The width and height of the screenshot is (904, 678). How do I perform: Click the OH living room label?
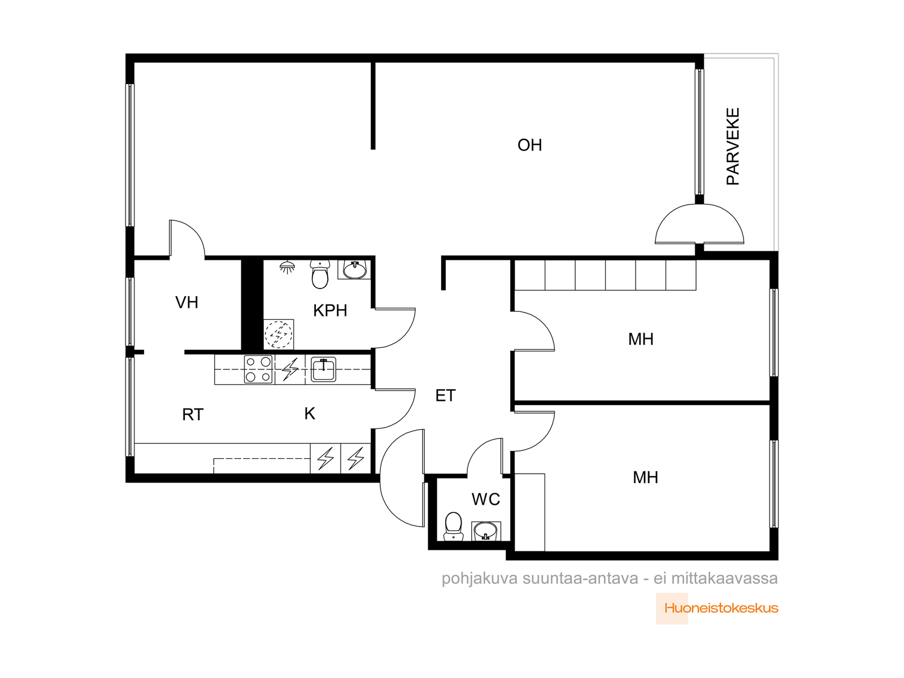click(x=529, y=145)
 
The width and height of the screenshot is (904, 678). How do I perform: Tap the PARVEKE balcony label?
click(x=733, y=146)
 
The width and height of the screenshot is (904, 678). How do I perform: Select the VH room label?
click(x=186, y=303)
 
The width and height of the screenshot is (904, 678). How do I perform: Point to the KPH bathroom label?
click(x=330, y=311)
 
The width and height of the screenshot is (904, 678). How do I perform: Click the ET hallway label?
click(x=445, y=395)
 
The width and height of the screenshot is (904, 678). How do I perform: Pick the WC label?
click(x=485, y=499)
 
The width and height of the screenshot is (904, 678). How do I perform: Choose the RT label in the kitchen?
click(x=193, y=415)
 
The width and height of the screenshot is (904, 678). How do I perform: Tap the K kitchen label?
click(x=310, y=414)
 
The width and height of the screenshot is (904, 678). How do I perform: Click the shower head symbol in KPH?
click(x=288, y=267)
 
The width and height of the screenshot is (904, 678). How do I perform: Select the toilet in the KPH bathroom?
click(x=320, y=274)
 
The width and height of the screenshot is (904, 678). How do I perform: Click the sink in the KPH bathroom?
click(x=355, y=270)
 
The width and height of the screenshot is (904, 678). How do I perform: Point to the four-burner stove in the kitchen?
click(x=258, y=370)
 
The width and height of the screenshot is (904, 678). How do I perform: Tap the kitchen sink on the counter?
click(x=323, y=370)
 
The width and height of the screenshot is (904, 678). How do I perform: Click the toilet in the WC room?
click(x=454, y=527)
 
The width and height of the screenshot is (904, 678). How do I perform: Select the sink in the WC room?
click(x=486, y=531)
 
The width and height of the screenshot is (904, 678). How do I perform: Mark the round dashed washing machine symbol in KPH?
click(x=279, y=334)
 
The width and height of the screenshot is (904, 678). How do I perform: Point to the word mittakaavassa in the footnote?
click(x=724, y=579)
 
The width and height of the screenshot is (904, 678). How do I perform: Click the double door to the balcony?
click(x=699, y=224)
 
